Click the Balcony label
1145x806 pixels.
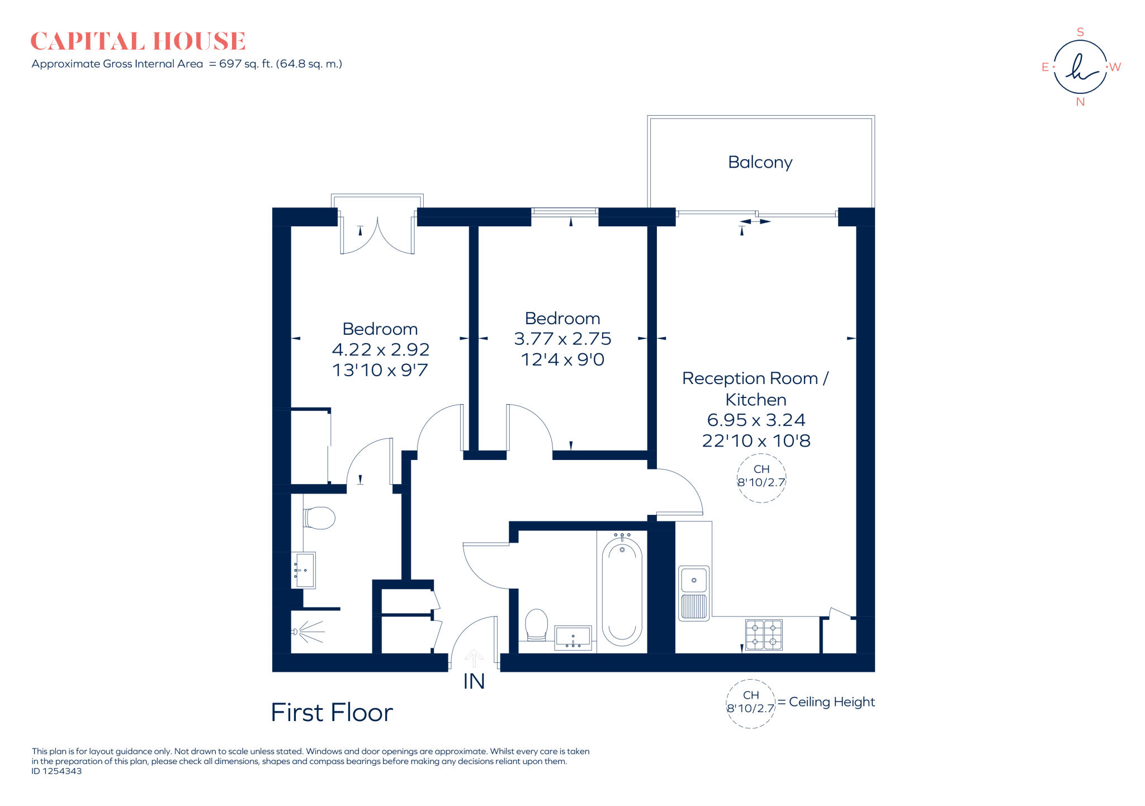(x=760, y=162)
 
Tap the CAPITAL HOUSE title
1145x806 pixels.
(x=138, y=41)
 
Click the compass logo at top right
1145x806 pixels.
(x=1080, y=67)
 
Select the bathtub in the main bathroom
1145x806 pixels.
(x=622, y=592)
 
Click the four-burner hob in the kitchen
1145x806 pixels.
(x=763, y=634)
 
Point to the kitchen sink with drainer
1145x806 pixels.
(x=694, y=593)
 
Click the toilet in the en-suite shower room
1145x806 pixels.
(x=319, y=518)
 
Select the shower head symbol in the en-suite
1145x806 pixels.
(x=307, y=632)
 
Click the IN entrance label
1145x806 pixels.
(x=474, y=681)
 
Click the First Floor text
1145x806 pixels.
(x=332, y=713)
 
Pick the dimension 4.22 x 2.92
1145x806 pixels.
(x=380, y=349)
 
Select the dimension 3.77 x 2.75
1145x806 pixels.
(x=562, y=339)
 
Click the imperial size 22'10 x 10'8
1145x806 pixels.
(x=756, y=441)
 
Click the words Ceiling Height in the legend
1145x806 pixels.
(x=831, y=702)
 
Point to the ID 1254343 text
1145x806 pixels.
(x=56, y=771)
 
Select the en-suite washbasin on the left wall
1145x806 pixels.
(x=304, y=570)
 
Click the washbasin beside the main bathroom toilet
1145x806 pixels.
(x=572, y=638)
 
